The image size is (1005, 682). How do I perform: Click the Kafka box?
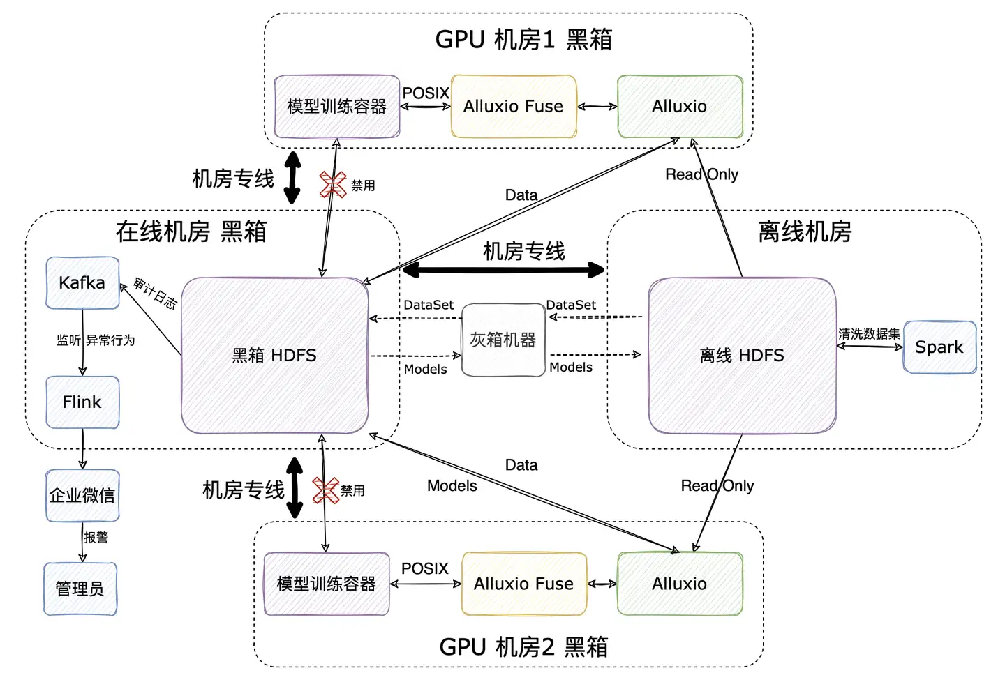point(82,282)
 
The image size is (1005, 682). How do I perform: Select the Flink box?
point(82,402)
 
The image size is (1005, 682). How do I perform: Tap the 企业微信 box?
point(82,495)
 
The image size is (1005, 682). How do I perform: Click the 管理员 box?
point(80,589)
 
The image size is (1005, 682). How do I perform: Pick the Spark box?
point(939,347)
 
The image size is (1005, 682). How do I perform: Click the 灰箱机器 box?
point(503,340)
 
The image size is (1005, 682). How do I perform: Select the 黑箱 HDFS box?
point(274,355)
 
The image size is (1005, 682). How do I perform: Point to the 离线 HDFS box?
point(742,355)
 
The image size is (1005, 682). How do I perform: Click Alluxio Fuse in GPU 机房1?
point(514,106)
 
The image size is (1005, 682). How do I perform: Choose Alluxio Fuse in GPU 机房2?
point(523,584)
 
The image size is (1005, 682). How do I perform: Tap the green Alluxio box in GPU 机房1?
point(679,106)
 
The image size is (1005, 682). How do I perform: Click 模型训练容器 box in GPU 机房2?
point(327,584)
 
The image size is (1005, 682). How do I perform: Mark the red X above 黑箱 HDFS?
point(333,185)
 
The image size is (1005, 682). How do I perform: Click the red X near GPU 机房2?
point(325,490)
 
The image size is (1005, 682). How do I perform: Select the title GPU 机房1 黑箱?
point(523,39)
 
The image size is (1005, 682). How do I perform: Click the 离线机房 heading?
point(805,231)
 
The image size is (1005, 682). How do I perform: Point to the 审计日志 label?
point(155,293)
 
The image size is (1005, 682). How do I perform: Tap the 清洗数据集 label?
point(869,334)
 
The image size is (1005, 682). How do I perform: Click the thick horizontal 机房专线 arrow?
point(503,269)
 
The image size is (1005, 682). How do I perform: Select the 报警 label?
point(96,537)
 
